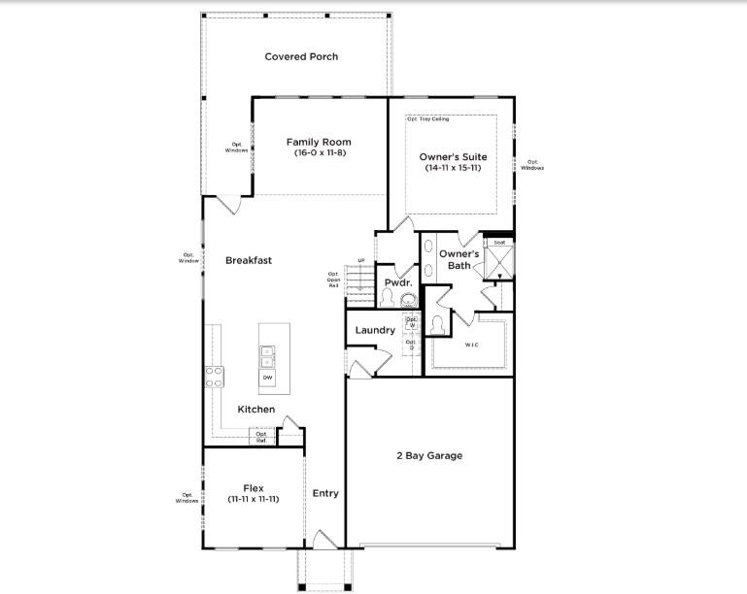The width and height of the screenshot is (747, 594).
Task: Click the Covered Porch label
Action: pyautogui.click(x=301, y=56)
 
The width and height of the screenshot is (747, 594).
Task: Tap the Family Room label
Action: pyautogui.click(x=319, y=142)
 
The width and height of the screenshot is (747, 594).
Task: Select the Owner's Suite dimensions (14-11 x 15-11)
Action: pyautogui.click(x=453, y=168)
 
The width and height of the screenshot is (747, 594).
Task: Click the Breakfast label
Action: pyautogui.click(x=249, y=260)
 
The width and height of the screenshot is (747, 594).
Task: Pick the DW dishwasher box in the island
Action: pyautogui.click(x=267, y=377)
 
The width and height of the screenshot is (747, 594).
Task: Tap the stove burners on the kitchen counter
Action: pyautogui.click(x=214, y=377)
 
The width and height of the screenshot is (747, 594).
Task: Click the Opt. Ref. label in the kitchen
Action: pyautogui.click(x=260, y=438)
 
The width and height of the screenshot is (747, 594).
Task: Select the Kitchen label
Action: pyautogui.click(x=256, y=410)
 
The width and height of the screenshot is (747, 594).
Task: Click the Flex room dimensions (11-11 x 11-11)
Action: pyautogui.click(x=254, y=499)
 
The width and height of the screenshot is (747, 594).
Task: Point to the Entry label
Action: pyautogui.click(x=325, y=493)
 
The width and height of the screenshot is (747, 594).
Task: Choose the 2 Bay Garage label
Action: pyautogui.click(x=428, y=455)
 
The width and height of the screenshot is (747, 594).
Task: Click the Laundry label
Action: pyautogui.click(x=375, y=330)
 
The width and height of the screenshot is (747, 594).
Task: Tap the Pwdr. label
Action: pyautogui.click(x=398, y=282)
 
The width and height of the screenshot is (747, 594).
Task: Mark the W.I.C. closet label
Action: pyautogui.click(x=472, y=345)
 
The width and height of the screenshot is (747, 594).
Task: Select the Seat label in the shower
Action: pyautogui.click(x=499, y=243)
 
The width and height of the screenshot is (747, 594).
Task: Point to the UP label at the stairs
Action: pyautogui.click(x=361, y=260)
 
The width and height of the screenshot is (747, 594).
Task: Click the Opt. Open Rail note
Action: pyautogui.click(x=334, y=280)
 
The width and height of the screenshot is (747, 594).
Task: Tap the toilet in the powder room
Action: pyautogui.click(x=387, y=297)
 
